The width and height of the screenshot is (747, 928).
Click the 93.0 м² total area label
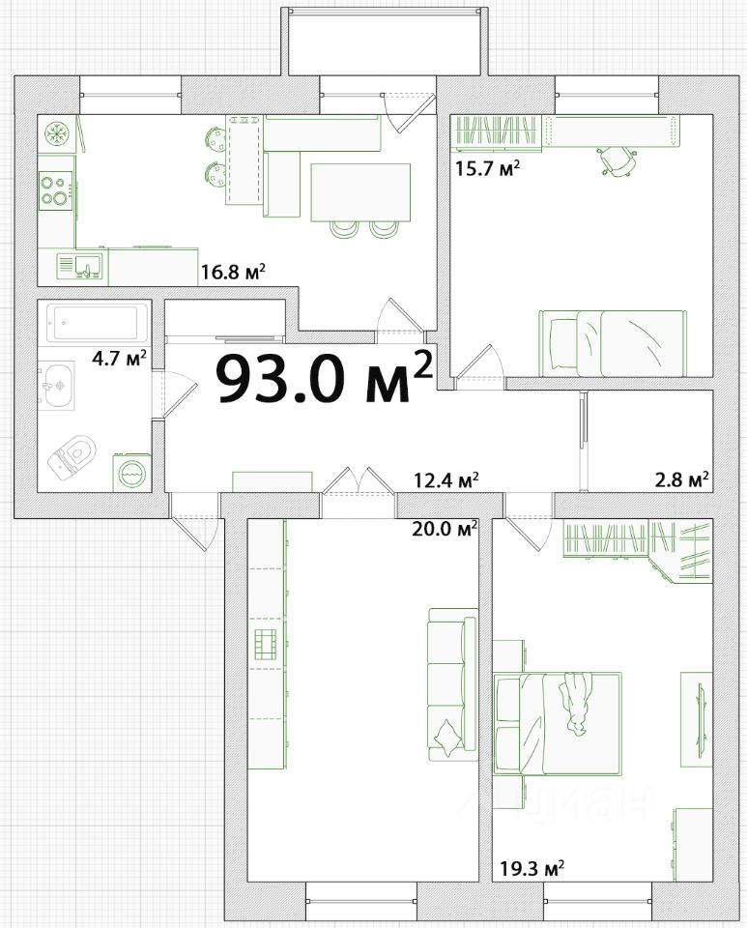point(325,378)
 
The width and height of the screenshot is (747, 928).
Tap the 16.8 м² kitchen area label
point(233,273)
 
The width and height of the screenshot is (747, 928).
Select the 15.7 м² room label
point(487,169)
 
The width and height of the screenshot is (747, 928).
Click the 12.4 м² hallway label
point(445,480)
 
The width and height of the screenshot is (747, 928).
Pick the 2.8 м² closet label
point(682,480)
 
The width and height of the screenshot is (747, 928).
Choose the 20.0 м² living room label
point(445,529)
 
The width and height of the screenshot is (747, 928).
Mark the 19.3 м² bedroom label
point(532,869)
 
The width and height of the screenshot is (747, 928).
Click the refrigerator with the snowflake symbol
point(57,133)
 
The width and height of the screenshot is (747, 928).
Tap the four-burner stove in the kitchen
point(56,190)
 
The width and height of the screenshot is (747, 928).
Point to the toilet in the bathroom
point(72,456)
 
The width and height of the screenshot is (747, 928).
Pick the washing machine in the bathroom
point(131,473)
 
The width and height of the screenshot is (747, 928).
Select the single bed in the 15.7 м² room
point(613,343)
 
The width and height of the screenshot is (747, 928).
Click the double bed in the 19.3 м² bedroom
point(558,723)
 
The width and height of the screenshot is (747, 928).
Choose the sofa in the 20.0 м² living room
point(452,684)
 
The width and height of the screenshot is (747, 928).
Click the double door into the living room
point(359,480)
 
